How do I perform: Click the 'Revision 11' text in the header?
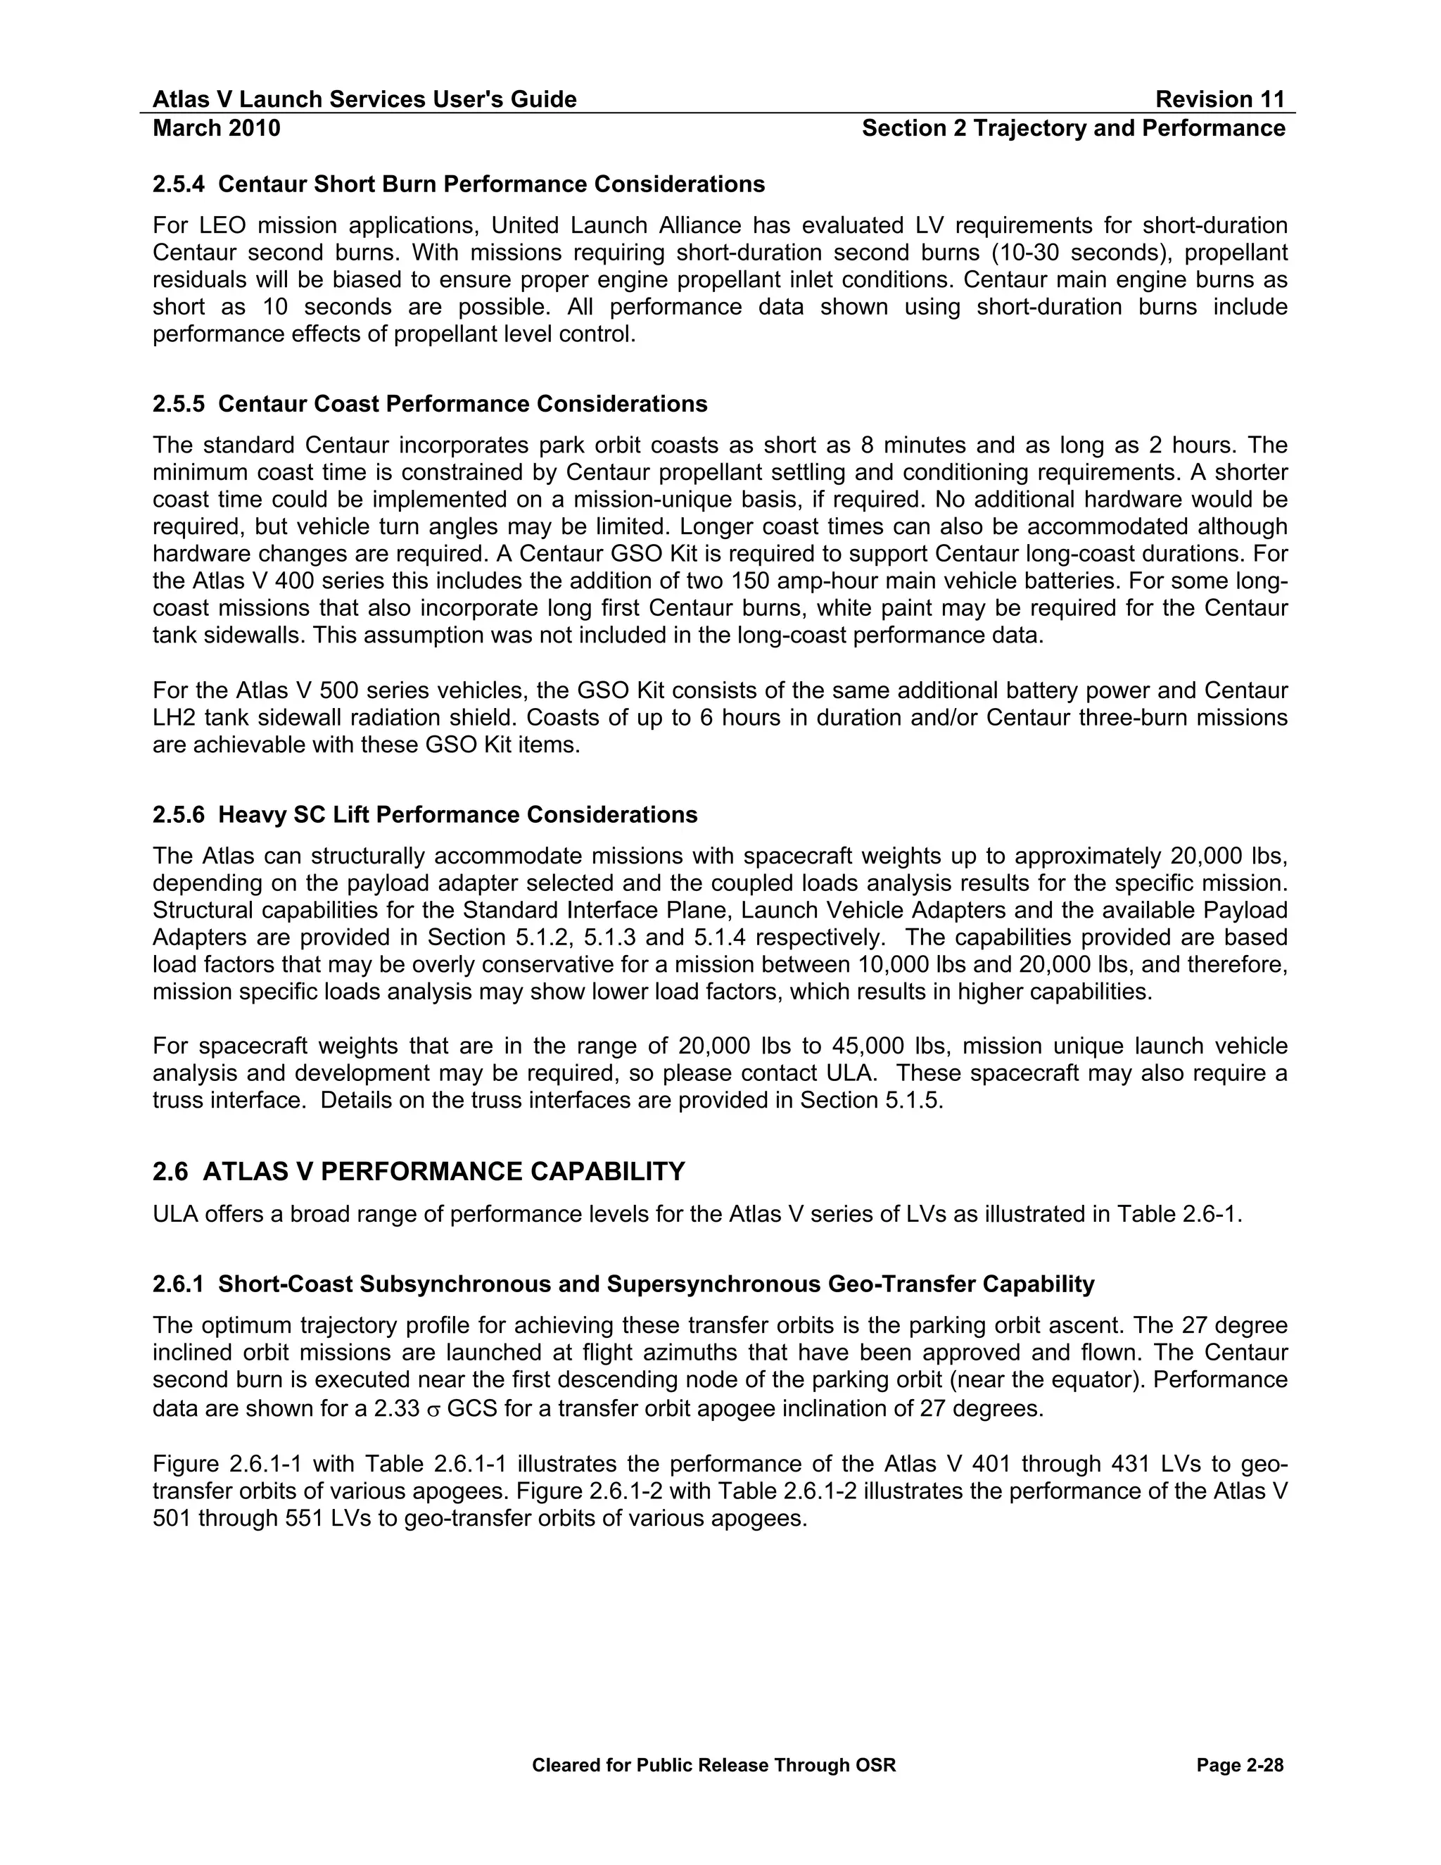[x=1219, y=100]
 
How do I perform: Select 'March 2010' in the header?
[x=216, y=128]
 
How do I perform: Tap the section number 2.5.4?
[x=179, y=184]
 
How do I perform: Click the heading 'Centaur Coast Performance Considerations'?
[x=463, y=404]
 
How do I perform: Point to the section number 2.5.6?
[x=179, y=815]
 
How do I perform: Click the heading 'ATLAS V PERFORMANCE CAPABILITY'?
[x=444, y=1172]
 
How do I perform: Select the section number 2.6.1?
[x=179, y=1284]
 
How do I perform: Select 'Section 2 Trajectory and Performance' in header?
[x=1073, y=128]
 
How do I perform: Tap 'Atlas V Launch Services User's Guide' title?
[x=364, y=100]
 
